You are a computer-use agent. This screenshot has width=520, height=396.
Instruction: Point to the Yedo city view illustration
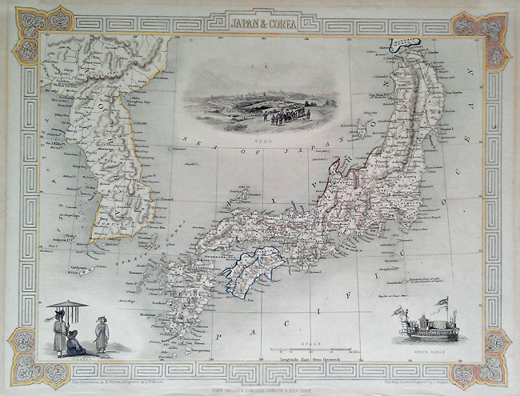246,102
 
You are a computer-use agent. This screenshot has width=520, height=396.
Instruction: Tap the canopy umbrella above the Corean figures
66,305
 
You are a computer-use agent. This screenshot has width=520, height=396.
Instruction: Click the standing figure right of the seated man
101,334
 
